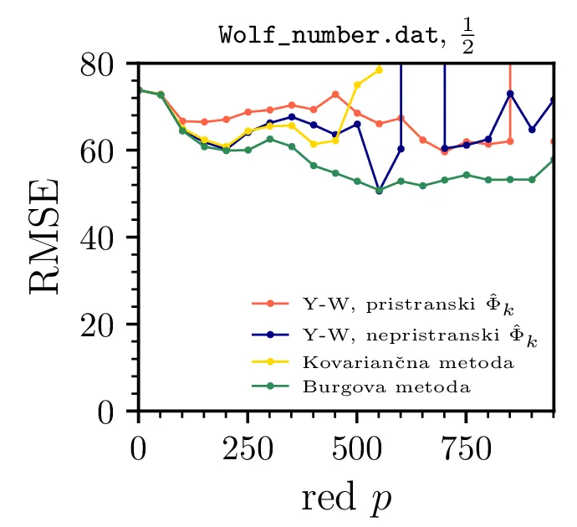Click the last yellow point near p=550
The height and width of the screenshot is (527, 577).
click(379, 69)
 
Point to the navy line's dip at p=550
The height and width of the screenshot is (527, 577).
click(379, 190)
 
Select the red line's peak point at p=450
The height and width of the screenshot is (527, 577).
click(335, 94)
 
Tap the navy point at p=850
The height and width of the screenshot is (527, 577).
click(510, 94)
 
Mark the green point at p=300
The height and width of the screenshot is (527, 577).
click(269, 139)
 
